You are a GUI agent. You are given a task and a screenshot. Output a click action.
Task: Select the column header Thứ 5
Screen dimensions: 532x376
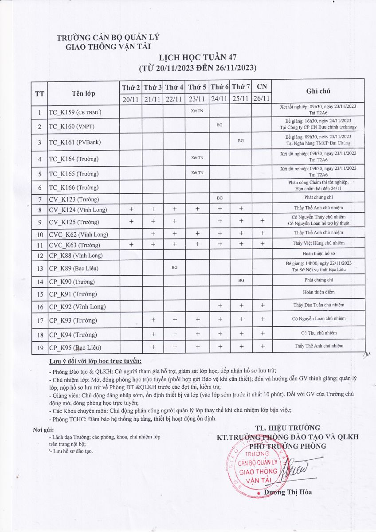tap(197, 87)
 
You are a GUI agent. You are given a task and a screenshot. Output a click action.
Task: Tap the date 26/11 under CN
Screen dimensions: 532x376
tap(262, 98)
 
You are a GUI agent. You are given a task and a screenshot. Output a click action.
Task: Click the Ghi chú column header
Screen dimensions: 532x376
tap(318, 91)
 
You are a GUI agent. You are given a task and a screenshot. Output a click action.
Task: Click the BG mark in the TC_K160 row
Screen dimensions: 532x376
tap(219, 125)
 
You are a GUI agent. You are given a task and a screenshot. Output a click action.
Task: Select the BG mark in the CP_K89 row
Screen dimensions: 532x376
tap(174, 268)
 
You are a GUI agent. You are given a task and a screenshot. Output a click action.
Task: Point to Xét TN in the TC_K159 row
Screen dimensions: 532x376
tap(197, 110)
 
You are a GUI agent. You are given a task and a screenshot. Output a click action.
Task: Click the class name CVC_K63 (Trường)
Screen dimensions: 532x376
tap(74, 245)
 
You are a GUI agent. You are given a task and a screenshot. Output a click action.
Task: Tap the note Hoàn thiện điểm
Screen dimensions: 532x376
tap(318, 292)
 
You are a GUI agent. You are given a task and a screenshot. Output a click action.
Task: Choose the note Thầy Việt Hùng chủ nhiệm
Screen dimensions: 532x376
tap(318, 243)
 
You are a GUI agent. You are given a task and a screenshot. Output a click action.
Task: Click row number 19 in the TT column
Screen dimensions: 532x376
tap(39, 348)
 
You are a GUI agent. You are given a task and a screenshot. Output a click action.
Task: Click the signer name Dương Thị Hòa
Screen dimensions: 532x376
tap(288, 492)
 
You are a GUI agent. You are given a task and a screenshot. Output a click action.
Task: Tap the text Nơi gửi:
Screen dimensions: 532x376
tap(43, 430)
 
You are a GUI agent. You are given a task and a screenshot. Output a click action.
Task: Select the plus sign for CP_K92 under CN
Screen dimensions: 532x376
tap(262, 305)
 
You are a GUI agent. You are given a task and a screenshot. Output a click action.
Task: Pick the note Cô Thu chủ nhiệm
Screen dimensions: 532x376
tap(318, 333)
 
